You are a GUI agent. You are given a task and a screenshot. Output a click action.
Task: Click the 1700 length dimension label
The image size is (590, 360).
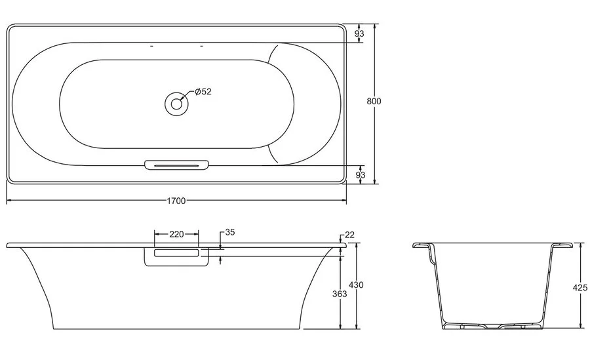point(176,200)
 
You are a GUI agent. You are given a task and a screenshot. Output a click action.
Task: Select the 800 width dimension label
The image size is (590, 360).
point(374,101)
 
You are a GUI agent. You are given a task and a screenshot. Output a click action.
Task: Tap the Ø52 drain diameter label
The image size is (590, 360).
point(202,92)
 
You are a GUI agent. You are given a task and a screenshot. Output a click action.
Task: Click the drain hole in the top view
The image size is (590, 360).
point(176,102)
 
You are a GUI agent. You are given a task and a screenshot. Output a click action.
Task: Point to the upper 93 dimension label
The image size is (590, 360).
point(360,33)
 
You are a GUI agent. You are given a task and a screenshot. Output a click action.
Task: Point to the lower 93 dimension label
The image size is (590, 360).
point(360,174)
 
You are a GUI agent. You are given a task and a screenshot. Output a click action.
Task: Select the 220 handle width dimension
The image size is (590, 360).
point(176,233)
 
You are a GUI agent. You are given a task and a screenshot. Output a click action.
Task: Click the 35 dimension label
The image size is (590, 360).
point(229,232)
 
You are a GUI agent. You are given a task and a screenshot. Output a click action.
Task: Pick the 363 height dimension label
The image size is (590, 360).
point(339,294)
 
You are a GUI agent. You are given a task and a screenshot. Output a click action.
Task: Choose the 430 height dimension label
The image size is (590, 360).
point(356,285)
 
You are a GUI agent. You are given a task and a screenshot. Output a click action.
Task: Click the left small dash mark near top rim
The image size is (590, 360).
point(151,47)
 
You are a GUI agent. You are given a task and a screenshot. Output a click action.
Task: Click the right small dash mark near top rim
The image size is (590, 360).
point(201,47)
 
